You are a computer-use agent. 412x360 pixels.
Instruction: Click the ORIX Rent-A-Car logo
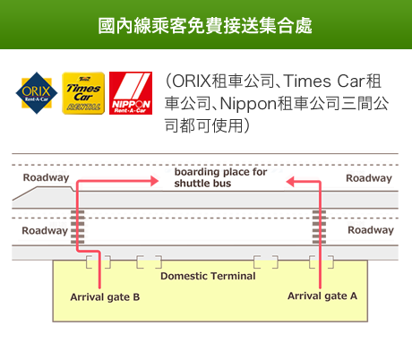pos(37,93)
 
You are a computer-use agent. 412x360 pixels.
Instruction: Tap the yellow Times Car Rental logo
pos(83,93)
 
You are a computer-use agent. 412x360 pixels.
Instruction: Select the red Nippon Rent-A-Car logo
pos(131,93)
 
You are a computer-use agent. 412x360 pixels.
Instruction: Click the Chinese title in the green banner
pos(205,26)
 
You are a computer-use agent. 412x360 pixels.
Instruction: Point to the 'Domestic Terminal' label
pos(208,276)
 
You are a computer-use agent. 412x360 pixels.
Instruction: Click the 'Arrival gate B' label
pos(105,297)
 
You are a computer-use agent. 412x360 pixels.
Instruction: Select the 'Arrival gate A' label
pos(322,296)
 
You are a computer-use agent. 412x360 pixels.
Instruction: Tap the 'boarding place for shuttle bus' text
pos(220,177)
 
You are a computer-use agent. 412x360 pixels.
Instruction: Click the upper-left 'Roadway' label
pos(46,177)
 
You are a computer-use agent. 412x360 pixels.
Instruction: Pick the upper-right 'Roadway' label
pos(369,178)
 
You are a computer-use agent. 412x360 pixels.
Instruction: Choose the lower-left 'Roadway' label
pos(45,231)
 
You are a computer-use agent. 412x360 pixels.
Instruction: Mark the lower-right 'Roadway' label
pos(371,230)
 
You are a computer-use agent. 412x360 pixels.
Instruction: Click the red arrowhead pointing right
pos(154,181)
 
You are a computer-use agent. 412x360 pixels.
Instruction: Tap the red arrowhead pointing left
pos(290,182)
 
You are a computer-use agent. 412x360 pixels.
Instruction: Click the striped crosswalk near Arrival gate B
pos(78,227)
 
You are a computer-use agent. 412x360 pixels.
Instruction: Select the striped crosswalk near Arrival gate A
pos(319,227)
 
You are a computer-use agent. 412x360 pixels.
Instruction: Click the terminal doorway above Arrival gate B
pos(99,261)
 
